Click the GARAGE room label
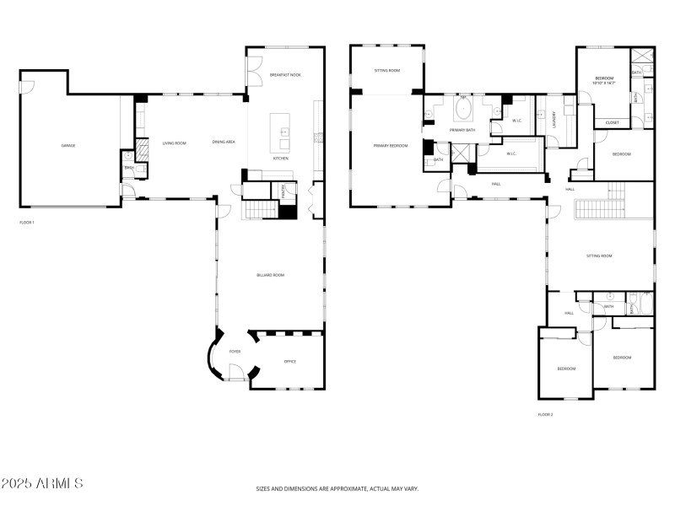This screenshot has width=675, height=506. click(x=68, y=146)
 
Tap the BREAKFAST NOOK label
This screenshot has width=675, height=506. click(x=285, y=75)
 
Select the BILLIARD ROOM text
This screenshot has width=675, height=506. click(x=271, y=275)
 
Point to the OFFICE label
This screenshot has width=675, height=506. click(x=289, y=361)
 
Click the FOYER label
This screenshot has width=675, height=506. click(x=235, y=351)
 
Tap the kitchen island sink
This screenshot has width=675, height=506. click(x=285, y=132)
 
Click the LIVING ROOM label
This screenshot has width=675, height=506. click(x=174, y=143)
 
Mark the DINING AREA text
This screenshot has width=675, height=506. click(x=224, y=143)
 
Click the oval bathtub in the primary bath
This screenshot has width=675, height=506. click(x=463, y=110)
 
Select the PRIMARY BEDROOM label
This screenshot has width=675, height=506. click(x=391, y=146)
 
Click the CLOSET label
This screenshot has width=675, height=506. click(x=612, y=123)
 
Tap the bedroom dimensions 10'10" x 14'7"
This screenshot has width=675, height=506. click(x=603, y=83)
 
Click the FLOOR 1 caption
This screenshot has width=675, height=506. click(x=27, y=223)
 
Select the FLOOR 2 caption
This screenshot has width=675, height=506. click(x=546, y=414)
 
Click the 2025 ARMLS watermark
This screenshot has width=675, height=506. click(x=42, y=484)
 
